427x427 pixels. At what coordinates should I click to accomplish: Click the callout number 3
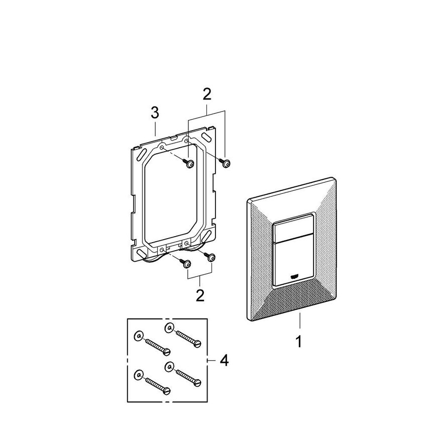coord(156,113)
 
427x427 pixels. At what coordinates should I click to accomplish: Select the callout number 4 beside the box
coord(224,360)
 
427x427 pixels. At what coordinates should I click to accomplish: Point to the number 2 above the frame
coord(207,94)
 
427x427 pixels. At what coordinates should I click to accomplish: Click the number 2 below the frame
coord(200,295)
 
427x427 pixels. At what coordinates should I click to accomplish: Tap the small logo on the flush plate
coord(295,276)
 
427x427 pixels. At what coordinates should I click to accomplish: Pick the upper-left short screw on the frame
coord(189,163)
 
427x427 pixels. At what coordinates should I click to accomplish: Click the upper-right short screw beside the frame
coord(226,162)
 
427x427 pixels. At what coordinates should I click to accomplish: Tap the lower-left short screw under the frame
coord(186,263)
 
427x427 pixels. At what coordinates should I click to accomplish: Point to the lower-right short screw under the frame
coord(211,257)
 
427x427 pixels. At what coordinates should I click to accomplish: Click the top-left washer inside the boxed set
coord(137,335)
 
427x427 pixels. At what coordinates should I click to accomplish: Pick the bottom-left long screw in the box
coord(156,384)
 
